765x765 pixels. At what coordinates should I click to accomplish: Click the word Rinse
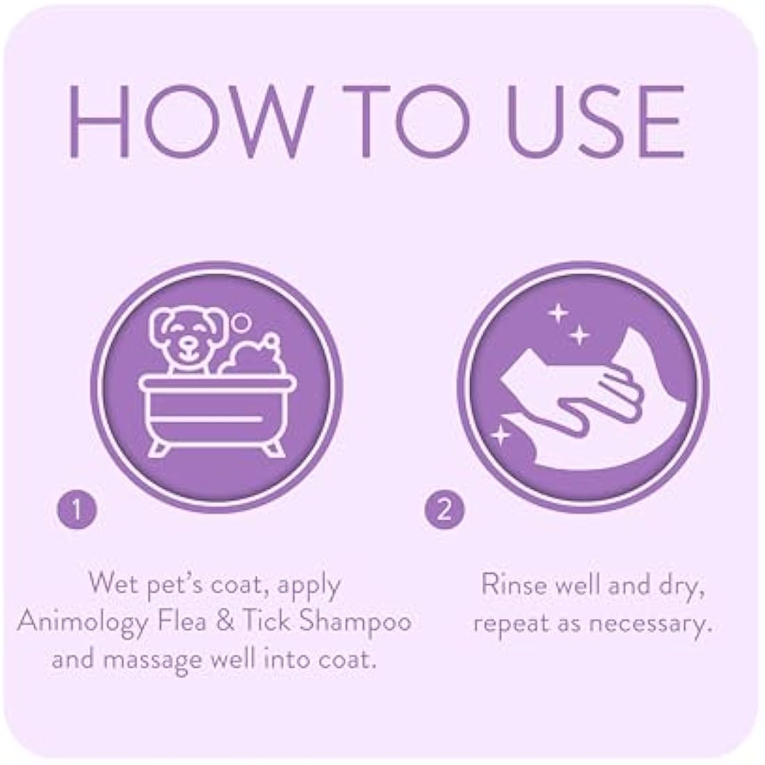pyautogui.click(x=512, y=586)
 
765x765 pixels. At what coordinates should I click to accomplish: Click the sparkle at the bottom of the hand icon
pyautogui.click(x=499, y=436)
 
